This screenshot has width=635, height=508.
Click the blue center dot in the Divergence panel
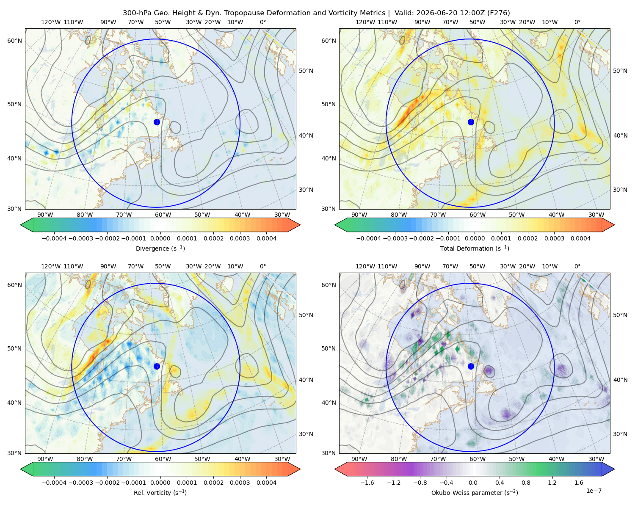[x=157, y=122]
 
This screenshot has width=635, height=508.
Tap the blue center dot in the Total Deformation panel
[x=471, y=122]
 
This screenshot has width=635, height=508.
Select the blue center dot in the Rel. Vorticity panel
[x=157, y=366]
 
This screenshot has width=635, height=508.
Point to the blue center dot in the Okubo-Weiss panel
[x=471, y=366]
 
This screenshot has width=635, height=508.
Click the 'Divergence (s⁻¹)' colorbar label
[x=160, y=248]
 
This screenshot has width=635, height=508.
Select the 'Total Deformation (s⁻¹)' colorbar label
[x=475, y=248]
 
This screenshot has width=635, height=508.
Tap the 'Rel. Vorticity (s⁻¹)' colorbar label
[x=160, y=492]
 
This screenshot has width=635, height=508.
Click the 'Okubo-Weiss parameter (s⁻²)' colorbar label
[x=475, y=492]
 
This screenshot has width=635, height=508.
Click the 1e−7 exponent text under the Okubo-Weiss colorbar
[x=594, y=491]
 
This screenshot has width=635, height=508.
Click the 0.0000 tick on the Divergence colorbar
[x=160, y=238]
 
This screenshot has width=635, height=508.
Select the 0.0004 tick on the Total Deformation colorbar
[x=580, y=238]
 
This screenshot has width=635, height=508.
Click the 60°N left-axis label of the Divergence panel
[x=14, y=41]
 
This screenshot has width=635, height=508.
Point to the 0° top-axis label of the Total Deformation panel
[x=577, y=22]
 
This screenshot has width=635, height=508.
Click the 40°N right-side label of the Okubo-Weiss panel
[x=620, y=380]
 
